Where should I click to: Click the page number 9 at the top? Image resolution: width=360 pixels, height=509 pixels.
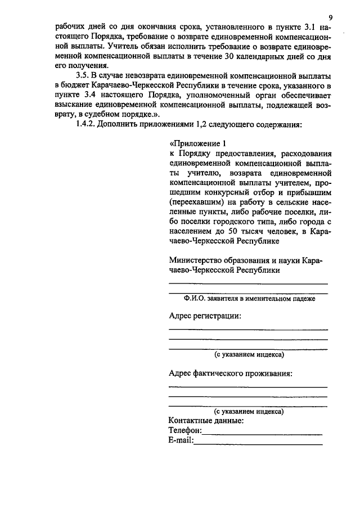point(331,17)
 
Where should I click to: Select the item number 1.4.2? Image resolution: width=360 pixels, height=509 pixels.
point(86,124)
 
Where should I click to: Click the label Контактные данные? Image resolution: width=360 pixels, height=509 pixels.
point(206,420)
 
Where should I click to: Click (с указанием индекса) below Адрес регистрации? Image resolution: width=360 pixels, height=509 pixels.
point(249,355)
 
